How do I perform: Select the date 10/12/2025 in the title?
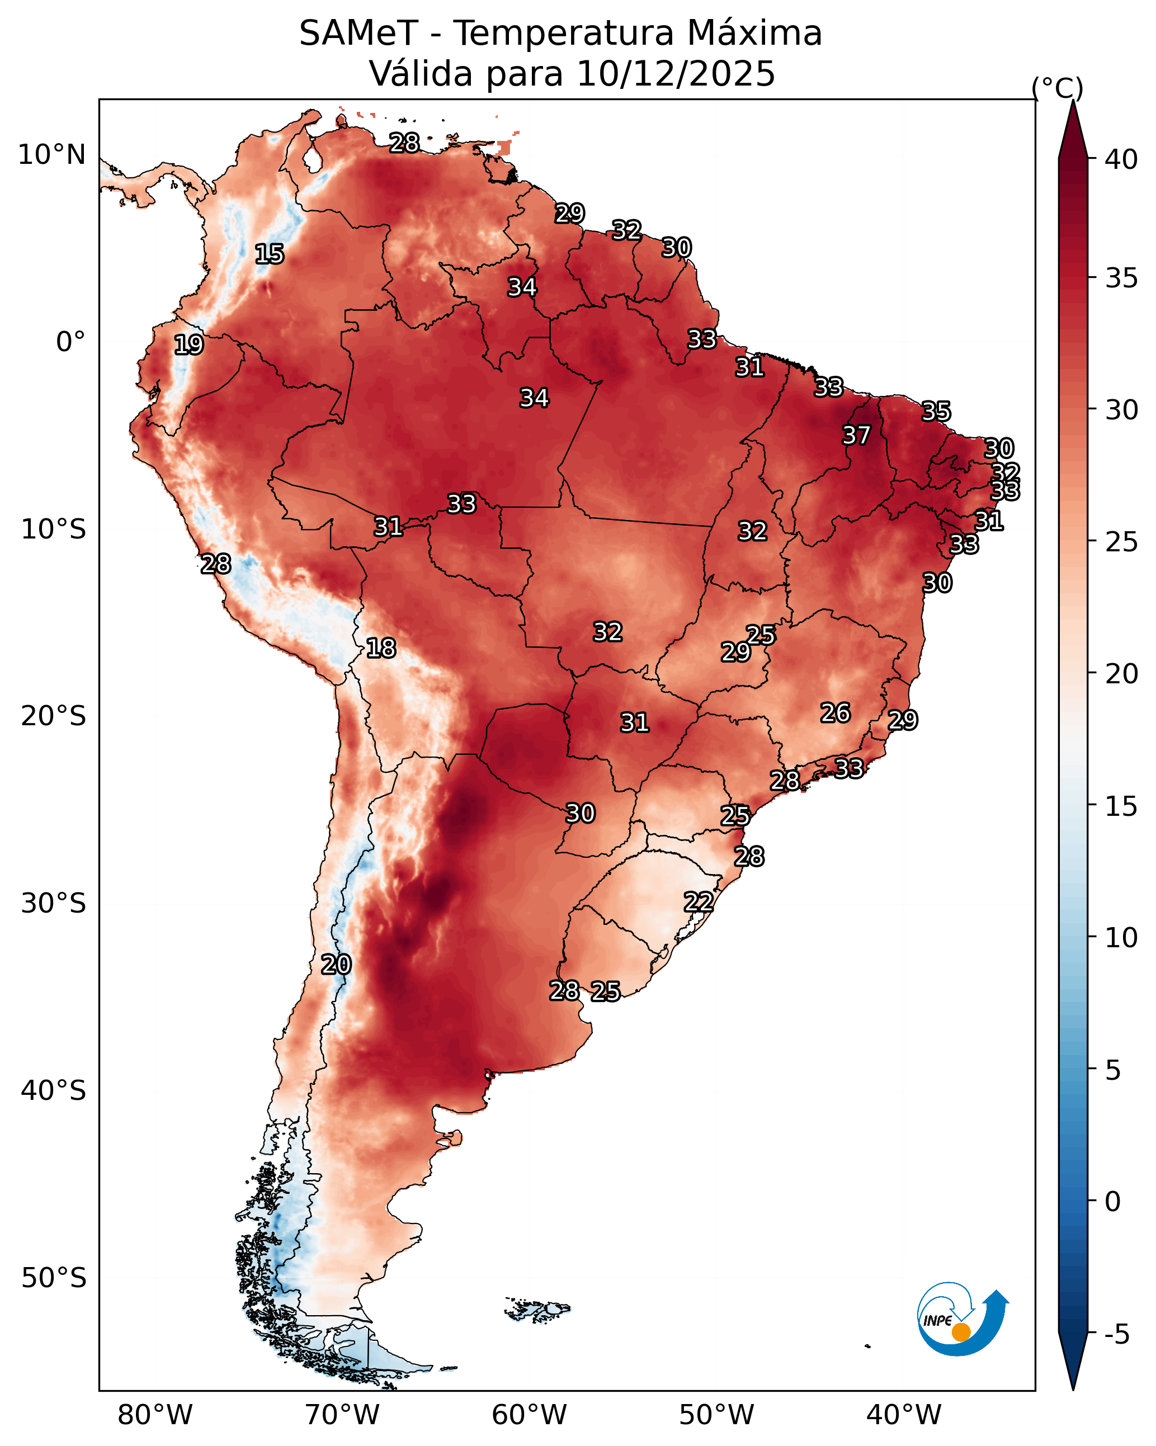[676, 74]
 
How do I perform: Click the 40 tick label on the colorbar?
[1121, 159]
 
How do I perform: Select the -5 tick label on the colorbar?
[1117, 1335]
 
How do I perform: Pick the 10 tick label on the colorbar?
[1121, 938]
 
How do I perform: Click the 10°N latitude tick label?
[51, 155]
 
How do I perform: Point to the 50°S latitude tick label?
[54, 1278]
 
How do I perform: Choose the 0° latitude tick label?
[71, 342]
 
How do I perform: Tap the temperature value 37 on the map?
[857, 435]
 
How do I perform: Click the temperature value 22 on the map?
[699, 902]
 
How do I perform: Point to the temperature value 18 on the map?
[381, 648]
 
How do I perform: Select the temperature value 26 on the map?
[836, 713]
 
